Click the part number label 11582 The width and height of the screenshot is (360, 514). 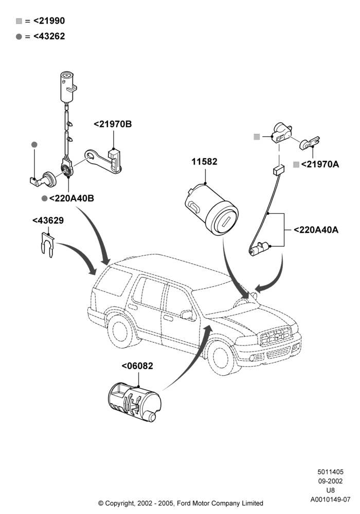pos(204,161)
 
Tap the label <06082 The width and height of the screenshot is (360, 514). pos(137,365)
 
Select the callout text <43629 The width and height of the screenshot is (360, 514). pos(48,221)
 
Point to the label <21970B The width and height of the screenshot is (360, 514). pos(113,124)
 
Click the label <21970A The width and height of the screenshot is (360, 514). pos(320,164)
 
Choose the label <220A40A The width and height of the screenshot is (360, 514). pos(316,230)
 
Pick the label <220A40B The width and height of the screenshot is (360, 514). pos(71,198)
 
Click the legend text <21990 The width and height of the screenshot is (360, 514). pos(49,21)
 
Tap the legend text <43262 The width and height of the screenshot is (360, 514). pos(49,36)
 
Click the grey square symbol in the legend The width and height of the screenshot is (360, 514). pos(19,21)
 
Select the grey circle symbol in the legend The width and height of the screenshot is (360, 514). pos(19,36)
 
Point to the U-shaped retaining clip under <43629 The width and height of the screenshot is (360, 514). pos(47,245)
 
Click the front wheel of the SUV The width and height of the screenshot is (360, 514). pos(220,357)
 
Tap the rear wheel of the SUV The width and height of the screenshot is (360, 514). pos(120,331)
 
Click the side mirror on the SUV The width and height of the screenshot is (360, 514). pos(188,315)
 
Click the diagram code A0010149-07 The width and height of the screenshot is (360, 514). pos(331,500)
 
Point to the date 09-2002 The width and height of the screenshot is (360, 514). pos(331,481)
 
